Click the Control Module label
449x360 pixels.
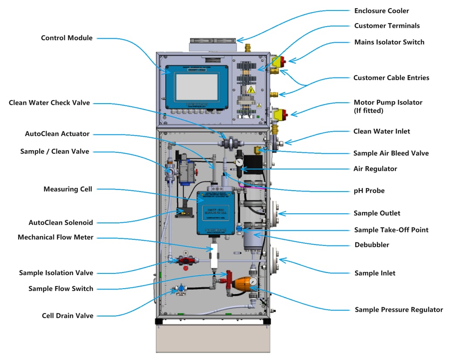[x=67, y=38]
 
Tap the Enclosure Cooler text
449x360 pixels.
[x=382, y=11]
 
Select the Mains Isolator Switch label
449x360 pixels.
[x=389, y=42]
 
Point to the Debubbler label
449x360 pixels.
[x=372, y=245]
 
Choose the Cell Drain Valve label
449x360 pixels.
[x=67, y=316]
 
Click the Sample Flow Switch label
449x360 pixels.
[x=60, y=289]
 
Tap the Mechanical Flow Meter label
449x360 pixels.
[x=55, y=238]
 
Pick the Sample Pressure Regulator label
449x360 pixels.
[x=399, y=310]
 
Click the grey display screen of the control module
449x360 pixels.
[x=196, y=87]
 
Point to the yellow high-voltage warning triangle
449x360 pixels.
[x=251, y=90]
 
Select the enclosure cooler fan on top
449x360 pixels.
[x=213, y=45]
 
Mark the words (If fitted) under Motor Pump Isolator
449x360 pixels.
[x=369, y=111]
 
